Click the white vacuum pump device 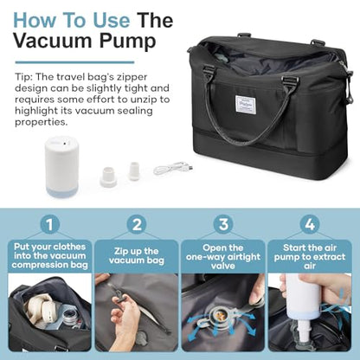(61, 166)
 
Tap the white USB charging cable (173, 168)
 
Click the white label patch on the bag (246, 104)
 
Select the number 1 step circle (50, 224)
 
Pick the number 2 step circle (137, 224)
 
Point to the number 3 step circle (223, 224)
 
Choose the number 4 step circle (310, 224)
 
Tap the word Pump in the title (128, 42)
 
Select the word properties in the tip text (42, 122)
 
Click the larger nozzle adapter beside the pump (108, 177)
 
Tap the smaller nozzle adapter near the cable (134, 171)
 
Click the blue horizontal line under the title (74, 62)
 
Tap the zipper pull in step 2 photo (119, 293)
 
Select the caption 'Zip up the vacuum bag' (137, 256)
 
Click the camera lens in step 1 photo (68, 316)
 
